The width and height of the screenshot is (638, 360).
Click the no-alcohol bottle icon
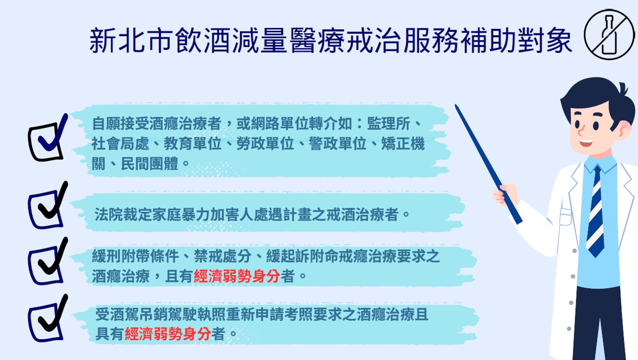pyautogui.click(x=609, y=35)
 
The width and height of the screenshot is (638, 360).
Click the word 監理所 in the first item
pyautogui.click(x=388, y=124)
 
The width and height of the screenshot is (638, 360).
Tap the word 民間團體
pyautogui.click(x=150, y=164)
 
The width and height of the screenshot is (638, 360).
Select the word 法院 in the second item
pyautogui.click(x=109, y=214)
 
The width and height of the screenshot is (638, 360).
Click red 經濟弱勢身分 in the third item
pyautogui.click(x=237, y=276)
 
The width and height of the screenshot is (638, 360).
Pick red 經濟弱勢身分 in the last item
pyautogui.click(x=168, y=333)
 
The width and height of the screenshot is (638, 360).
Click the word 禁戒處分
pyautogui.click(x=222, y=256)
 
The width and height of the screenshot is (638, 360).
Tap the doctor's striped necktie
pyautogui.click(x=595, y=212)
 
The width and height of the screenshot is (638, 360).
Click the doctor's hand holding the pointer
pyautogui.click(x=506, y=195)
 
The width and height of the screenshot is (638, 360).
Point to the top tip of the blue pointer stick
pyautogui.click(x=456, y=105)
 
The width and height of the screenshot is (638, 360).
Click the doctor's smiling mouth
pyautogui.click(x=586, y=142)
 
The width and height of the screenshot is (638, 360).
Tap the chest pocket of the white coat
pyautogui.click(x=565, y=217)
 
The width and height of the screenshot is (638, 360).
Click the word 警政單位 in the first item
pyautogui.click(x=338, y=144)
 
